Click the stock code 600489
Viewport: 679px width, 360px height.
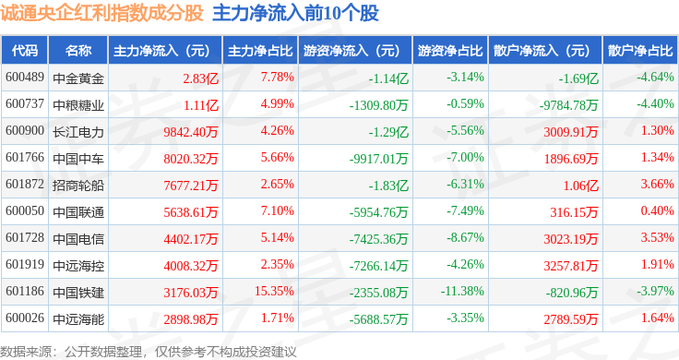(x=25, y=78)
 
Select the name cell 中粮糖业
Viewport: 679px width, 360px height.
(x=78, y=105)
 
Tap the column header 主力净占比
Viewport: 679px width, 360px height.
(x=260, y=51)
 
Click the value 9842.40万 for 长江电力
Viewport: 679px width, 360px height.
(x=191, y=132)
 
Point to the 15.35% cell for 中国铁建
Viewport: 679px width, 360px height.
(x=274, y=291)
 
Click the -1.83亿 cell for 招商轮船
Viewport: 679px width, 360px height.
(x=388, y=186)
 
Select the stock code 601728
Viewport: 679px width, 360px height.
(x=25, y=237)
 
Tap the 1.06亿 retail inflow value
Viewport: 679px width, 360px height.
(x=580, y=186)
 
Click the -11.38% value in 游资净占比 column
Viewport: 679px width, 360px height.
(x=462, y=291)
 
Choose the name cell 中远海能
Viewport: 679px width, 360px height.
(x=78, y=319)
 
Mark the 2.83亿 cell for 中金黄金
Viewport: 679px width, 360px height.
(x=200, y=78)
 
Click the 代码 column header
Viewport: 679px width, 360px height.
(x=25, y=51)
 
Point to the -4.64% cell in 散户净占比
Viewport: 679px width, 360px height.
(x=655, y=78)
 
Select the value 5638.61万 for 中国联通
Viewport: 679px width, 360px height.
(x=191, y=212)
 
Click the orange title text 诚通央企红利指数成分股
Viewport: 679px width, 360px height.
(x=101, y=13)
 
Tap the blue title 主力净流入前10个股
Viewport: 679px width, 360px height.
(x=296, y=13)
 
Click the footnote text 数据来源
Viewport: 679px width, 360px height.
(x=26, y=352)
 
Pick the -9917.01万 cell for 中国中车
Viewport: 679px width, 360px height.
(x=379, y=159)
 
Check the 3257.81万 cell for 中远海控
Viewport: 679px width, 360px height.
(x=571, y=266)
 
